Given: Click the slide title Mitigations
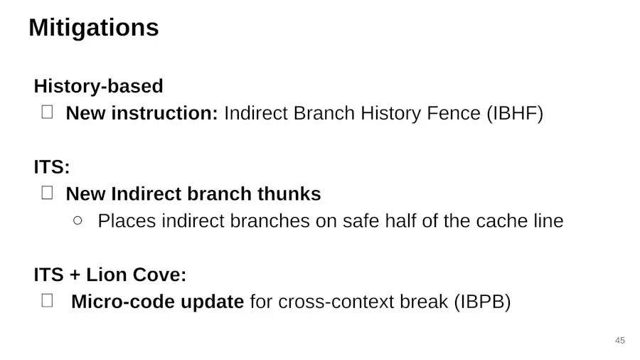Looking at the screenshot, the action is point(93,28).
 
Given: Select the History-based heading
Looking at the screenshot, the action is point(98,86).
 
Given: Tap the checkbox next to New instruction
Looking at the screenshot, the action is point(48,112).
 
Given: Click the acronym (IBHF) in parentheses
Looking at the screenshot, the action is point(515,113).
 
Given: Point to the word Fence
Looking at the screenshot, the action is point(454,113).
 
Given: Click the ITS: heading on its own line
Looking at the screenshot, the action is point(52,167).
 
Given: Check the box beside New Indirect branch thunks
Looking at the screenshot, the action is point(48,193).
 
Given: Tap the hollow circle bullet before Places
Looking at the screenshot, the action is point(78,221).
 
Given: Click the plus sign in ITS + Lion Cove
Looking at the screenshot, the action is point(75,275).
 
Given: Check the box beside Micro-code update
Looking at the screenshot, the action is point(48,300).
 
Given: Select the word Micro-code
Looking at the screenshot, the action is point(123,302).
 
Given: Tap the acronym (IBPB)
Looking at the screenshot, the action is point(482,302).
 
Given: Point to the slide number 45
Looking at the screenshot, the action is point(619,340).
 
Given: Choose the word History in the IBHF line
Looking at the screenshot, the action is point(390,113).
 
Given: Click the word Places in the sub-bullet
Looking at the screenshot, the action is point(127,221).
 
